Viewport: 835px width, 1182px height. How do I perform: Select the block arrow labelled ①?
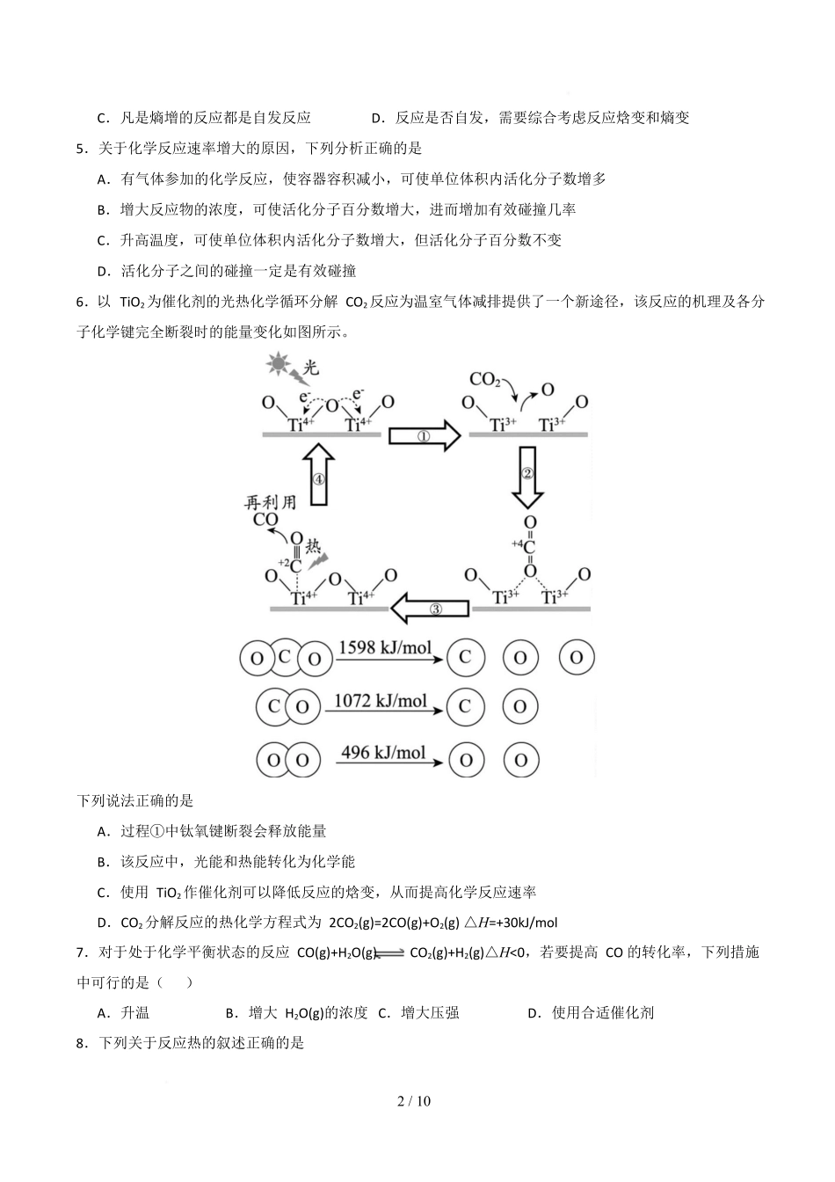click(425, 434)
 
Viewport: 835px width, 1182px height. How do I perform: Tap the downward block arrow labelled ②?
click(528, 476)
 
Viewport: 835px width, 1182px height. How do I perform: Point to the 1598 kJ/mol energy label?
click(385, 649)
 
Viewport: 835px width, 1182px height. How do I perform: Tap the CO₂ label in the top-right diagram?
click(484, 380)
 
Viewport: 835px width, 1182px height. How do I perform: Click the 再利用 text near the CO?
click(270, 501)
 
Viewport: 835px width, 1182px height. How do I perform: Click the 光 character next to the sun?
click(310, 367)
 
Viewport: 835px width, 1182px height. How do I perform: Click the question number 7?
click(81, 952)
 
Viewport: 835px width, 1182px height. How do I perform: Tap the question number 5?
click(81, 149)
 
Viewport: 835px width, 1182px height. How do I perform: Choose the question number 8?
click(81, 1044)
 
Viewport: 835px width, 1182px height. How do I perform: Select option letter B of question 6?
click(102, 862)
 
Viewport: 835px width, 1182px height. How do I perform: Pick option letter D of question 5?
click(102, 271)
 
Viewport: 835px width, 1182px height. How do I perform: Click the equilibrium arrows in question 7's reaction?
click(389, 953)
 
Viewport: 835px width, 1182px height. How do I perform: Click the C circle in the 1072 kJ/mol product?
click(465, 705)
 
